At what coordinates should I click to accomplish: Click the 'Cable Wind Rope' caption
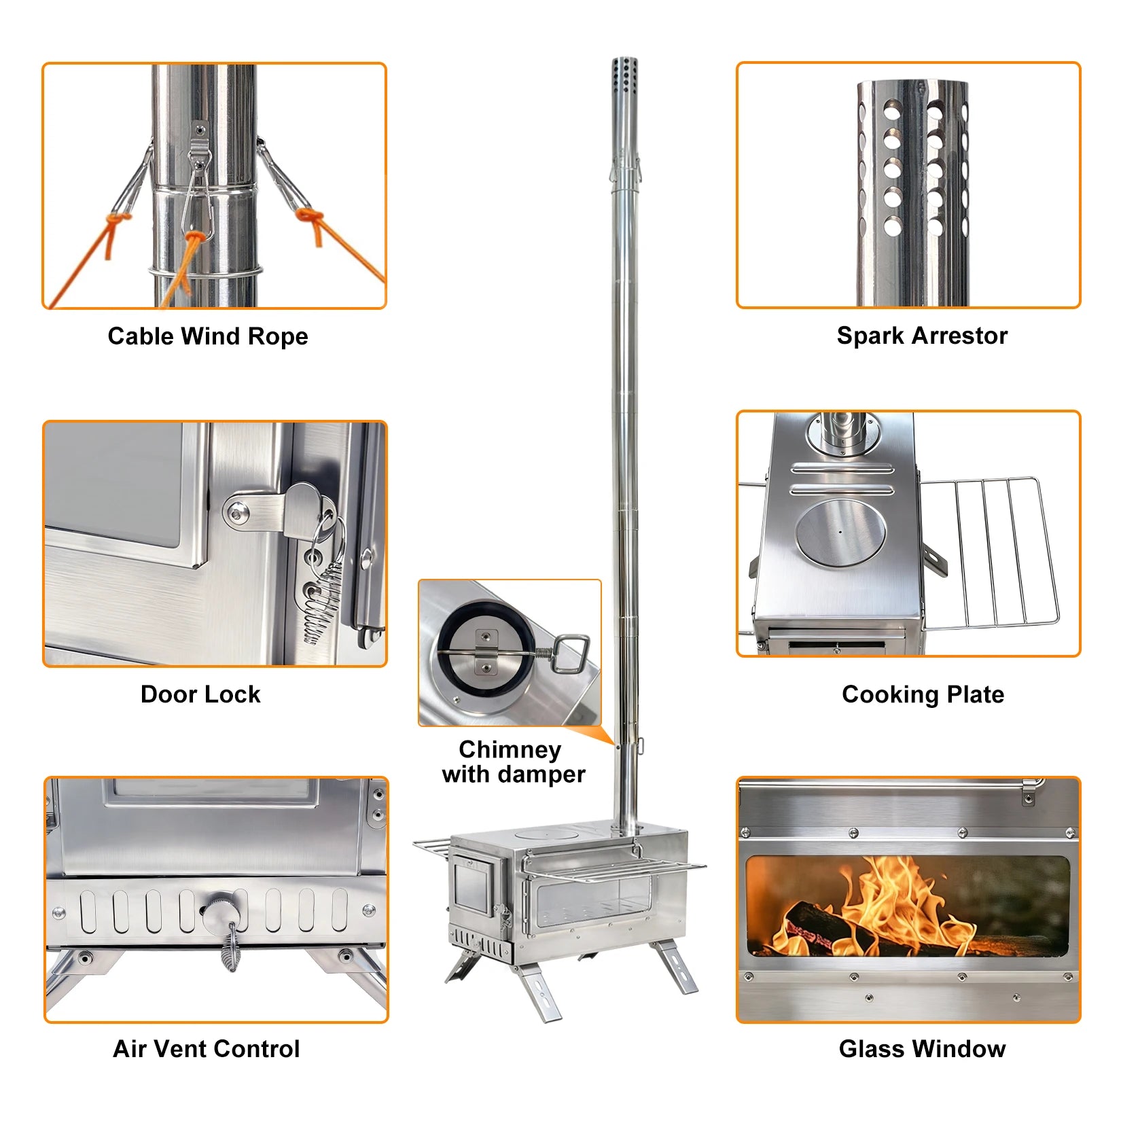click(x=207, y=336)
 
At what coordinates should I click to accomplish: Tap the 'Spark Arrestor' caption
click(x=921, y=336)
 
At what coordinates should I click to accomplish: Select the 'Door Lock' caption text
click(x=200, y=694)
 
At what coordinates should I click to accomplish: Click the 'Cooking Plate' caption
click(x=922, y=694)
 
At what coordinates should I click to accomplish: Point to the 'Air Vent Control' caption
click(x=206, y=1048)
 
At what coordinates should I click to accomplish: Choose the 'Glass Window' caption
click(x=921, y=1048)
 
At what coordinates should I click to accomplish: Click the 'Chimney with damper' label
click(x=513, y=762)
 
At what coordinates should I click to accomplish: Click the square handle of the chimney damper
click(x=571, y=653)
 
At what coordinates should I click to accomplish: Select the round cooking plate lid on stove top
click(x=840, y=532)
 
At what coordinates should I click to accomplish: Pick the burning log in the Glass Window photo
click(x=822, y=927)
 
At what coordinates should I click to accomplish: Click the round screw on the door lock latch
click(x=236, y=513)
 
